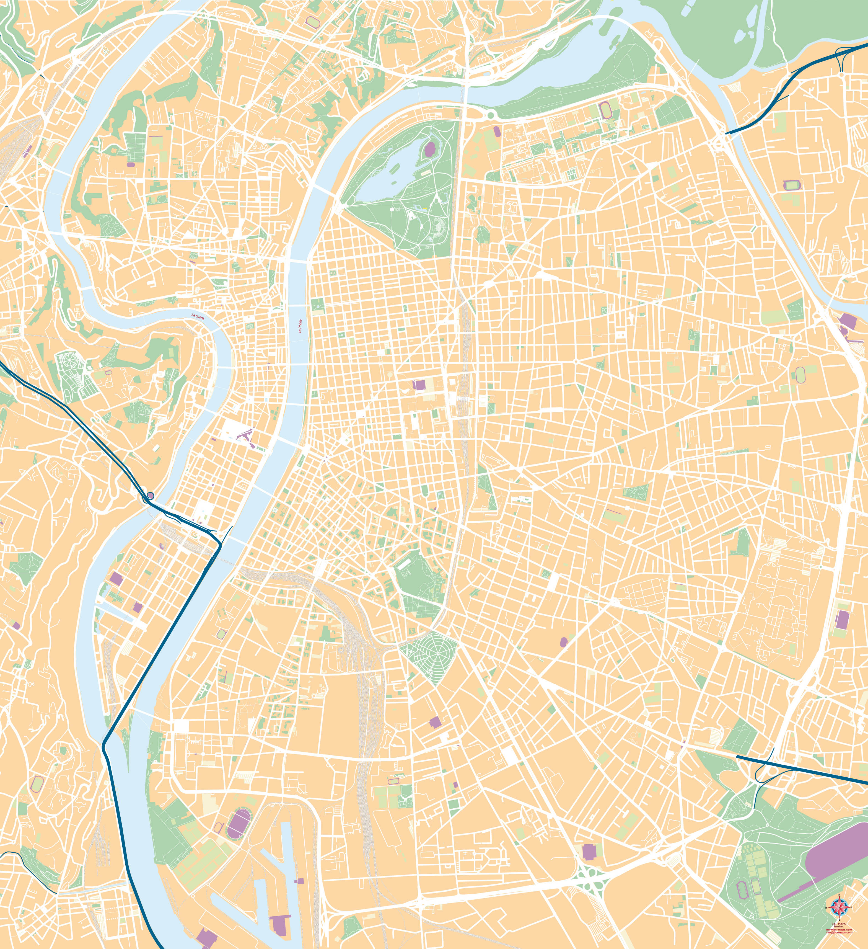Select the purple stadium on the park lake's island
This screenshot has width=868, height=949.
[x=429, y=149]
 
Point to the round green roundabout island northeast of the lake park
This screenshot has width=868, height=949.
[x=491, y=114]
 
